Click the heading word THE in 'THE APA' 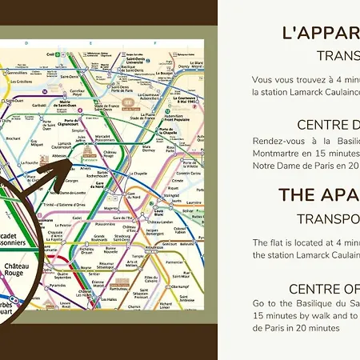pyautogui.click(x=297, y=195)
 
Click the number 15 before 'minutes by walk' pyautogui.click(x=258, y=317)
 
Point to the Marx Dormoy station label pyautogui.click(x=148, y=147)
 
